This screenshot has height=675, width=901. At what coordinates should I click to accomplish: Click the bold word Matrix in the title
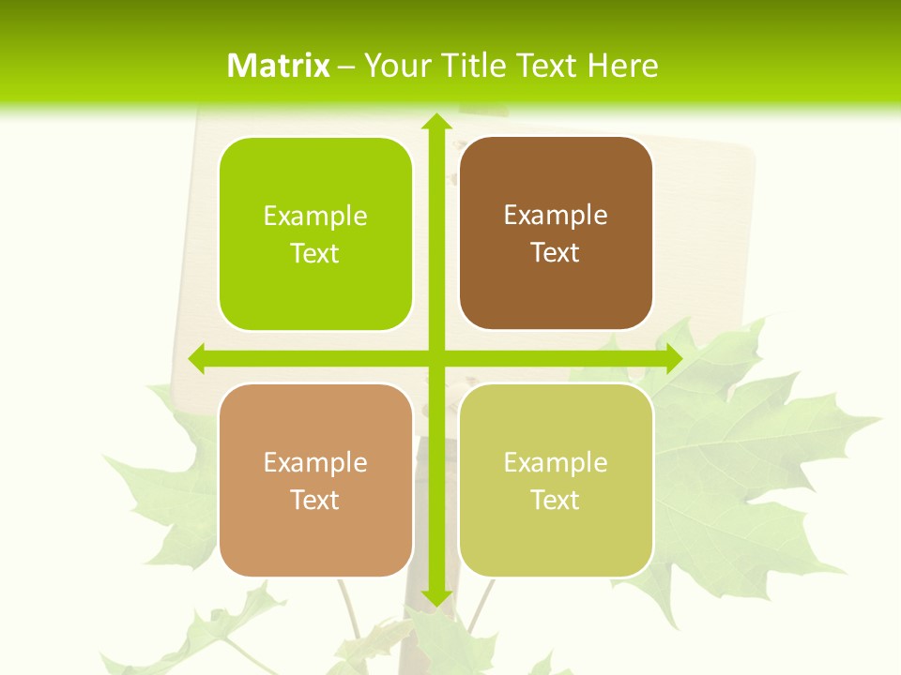279,66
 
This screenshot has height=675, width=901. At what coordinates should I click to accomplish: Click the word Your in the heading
395,66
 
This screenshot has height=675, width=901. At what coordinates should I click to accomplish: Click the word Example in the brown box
556,216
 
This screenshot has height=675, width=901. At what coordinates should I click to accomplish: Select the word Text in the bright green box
315,254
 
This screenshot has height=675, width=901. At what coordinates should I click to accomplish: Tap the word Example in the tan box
315,463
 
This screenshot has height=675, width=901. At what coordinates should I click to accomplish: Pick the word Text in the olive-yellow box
556,501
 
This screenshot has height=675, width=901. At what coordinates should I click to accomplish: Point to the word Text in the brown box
556,253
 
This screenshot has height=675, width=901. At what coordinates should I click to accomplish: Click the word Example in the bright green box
315,217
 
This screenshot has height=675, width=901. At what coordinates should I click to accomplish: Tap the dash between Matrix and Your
346,67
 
